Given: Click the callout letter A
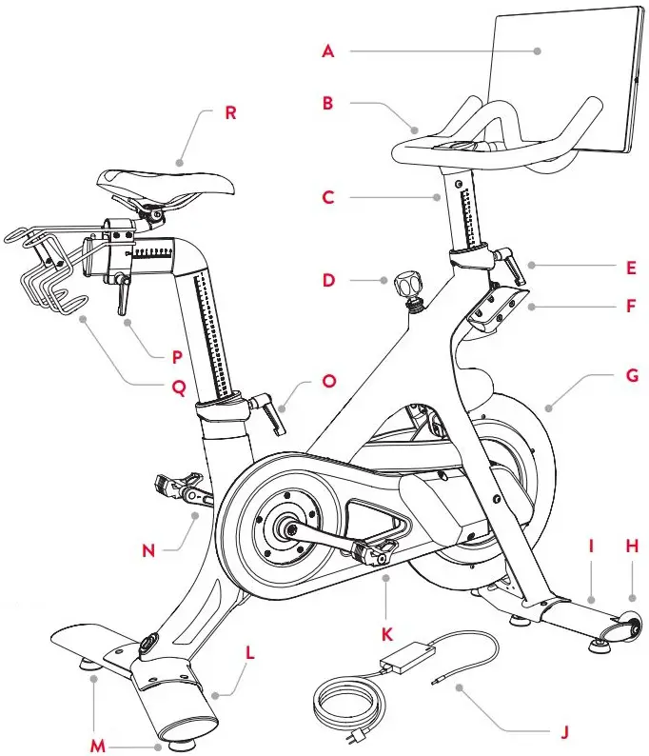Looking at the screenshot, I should [x=328, y=52].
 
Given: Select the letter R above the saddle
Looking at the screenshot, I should [x=229, y=112].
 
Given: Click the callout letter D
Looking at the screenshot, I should [x=329, y=281].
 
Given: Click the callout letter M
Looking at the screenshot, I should [x=96, y=746].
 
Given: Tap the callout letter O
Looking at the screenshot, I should [x=329, y=381].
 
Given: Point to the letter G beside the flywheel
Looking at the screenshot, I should [x=632, y=377].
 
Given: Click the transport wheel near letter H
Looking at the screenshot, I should [x=628, y=625].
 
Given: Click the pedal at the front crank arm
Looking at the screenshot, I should [x=373, y=550].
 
